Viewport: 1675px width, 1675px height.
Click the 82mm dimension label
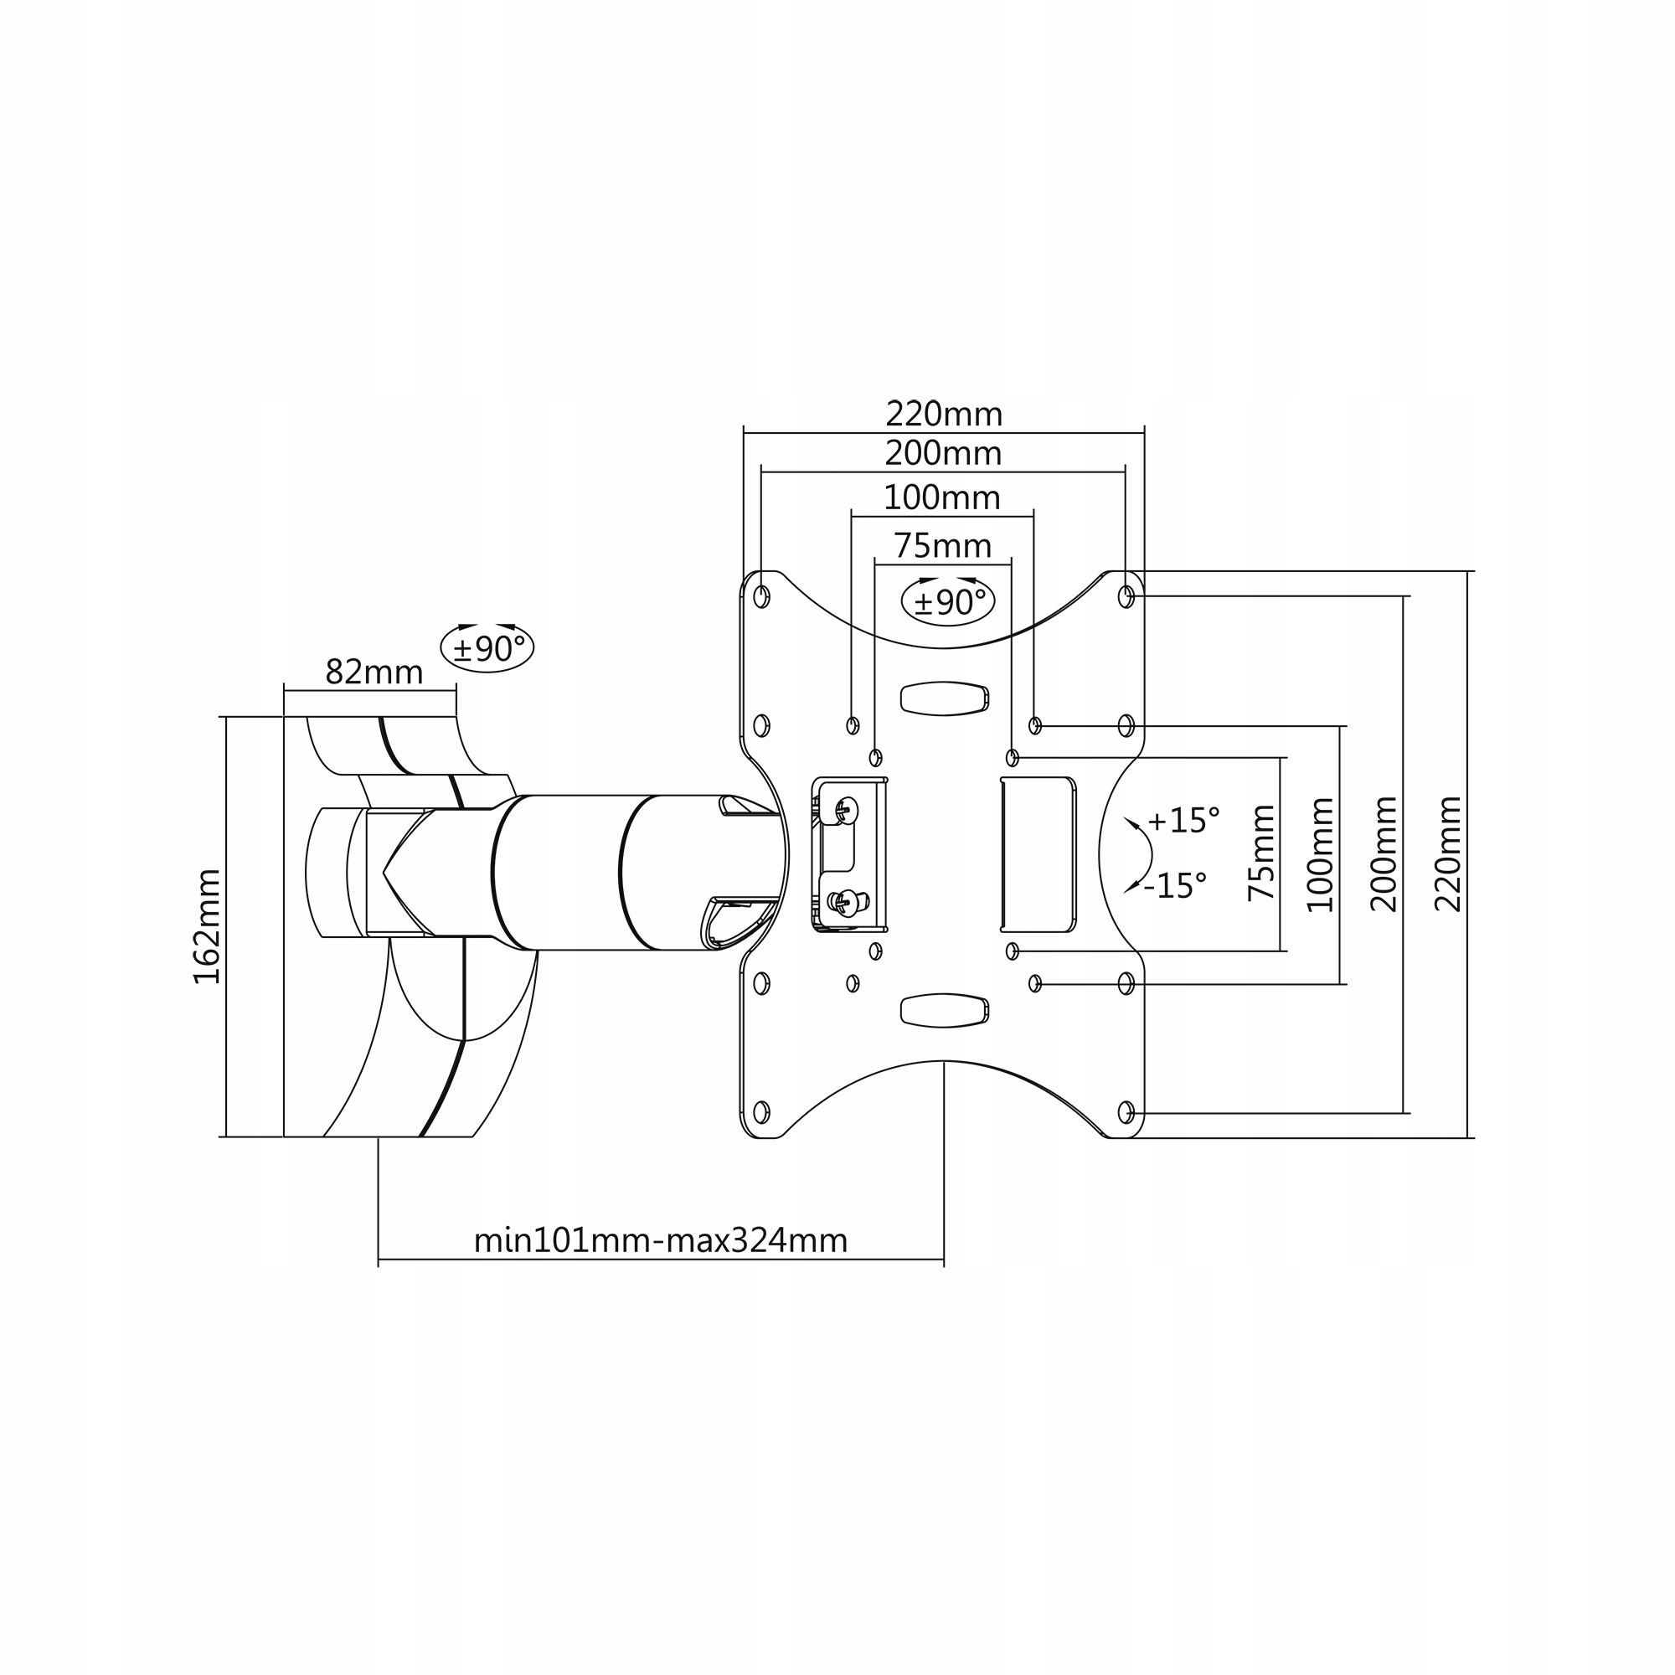(x=374, y=673)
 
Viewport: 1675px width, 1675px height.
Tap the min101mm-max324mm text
(x=660, y=1241)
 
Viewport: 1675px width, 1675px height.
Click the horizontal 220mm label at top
(x=943, y=415)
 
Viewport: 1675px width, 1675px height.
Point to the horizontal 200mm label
(x=942, y=453)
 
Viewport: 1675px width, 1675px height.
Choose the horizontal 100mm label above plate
(x=941, y=497)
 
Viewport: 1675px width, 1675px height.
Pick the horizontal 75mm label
(x=942, y=546)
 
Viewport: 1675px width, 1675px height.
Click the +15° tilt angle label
(x=1183, y=820)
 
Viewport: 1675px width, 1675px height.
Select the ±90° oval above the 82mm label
(x=487, y=647)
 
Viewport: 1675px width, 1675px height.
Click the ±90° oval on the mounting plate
(x=949, y=600)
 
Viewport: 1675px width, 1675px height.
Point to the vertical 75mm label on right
(x=1262, y=853)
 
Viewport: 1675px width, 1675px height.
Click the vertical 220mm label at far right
(x=1448, y=854)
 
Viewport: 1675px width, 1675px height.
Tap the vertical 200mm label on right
(x=1384, y=854)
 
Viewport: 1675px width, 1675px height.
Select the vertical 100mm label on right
(x=1321, y=854)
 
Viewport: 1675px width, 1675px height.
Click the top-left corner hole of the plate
(x=761, y=596)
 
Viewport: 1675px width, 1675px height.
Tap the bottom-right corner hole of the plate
(x=1126, y=1111)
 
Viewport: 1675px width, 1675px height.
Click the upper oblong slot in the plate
(x=944, y=698)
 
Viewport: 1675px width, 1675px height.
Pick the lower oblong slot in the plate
(x=944, y=1010)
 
